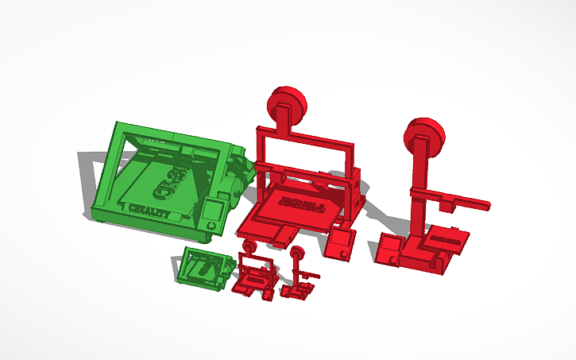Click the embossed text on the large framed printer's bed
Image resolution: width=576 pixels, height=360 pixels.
point(303,204)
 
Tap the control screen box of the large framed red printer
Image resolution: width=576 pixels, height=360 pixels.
point(341,246)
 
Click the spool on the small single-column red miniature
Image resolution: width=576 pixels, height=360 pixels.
point(298,254)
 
